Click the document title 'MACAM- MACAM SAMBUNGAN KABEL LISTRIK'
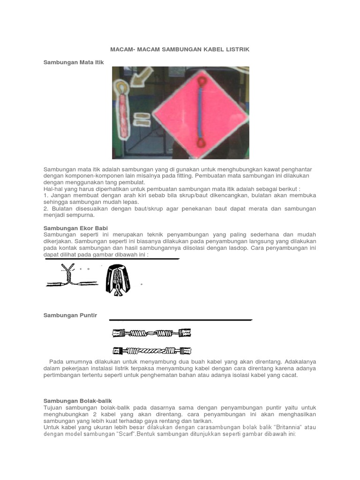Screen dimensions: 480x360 [x=180, y=49]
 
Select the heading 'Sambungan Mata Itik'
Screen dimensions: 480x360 [x=74, y=62]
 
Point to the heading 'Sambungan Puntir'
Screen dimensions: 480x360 [x=70, y=315]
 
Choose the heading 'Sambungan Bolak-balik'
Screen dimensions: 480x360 [x=78, y=401]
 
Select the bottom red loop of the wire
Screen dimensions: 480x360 [x=201, y=142]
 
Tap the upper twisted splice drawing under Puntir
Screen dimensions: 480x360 [x=152, y=333]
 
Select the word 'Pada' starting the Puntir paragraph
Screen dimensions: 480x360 [x=56, y=362]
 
